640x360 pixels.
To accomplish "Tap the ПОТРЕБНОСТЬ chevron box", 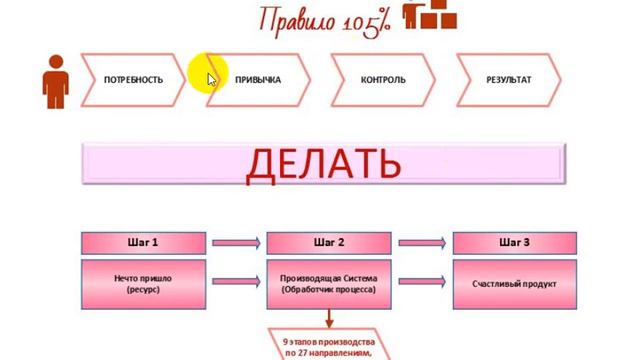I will coord(132,80).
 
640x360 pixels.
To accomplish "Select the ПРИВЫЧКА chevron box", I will coord(258,80).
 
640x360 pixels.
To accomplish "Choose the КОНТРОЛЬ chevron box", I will coord(384,80).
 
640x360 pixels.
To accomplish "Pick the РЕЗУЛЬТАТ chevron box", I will coord(508,80).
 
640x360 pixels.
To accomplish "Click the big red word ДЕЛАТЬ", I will coord(322,164).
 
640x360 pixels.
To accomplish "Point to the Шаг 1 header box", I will coord(143,242).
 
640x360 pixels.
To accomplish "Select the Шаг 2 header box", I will coord(329,242).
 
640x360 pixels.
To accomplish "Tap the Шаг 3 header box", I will coord(514,242).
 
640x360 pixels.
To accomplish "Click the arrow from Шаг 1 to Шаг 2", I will coord(236,242).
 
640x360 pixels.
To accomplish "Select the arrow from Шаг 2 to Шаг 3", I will coord(421,242).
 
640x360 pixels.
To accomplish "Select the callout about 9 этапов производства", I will coord(328,342).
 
